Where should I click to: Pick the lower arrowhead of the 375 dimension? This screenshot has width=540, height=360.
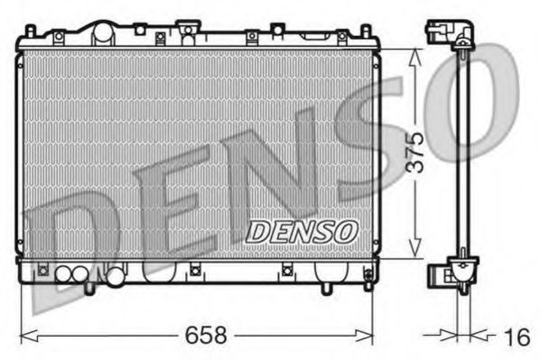[414, 254]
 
